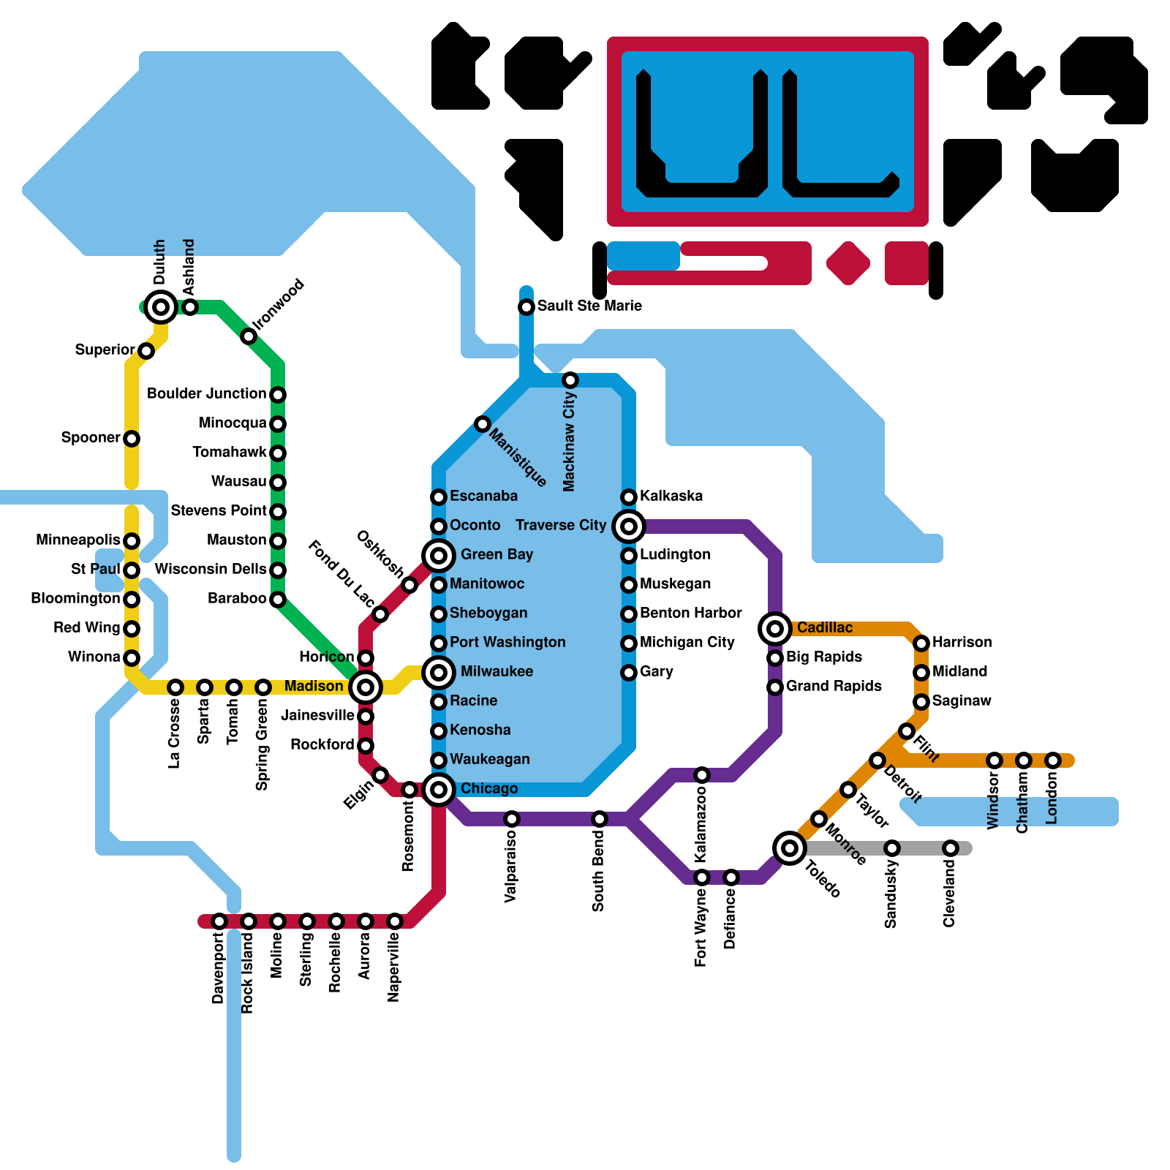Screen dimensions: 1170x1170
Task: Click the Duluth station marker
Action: coord(161,307)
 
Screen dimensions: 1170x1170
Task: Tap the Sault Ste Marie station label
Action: coord(589,306)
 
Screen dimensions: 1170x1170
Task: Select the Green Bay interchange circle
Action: coord(439,556)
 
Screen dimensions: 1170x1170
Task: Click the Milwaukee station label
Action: coord(497,672)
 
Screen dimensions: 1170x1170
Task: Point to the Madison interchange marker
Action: coord(366,687)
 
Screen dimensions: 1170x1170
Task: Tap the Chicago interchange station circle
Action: coord(439,790)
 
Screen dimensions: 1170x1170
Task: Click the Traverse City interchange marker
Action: coord(629,526)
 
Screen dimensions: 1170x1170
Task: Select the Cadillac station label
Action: coord(825,628)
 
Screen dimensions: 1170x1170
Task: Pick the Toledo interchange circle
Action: coord(790,848)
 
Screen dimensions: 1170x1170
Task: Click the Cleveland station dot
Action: coord(950,848)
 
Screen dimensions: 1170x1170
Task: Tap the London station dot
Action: coord(1052,760)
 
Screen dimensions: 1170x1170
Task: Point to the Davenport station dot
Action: coord(219,921)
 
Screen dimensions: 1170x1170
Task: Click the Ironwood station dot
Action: coord(249,336)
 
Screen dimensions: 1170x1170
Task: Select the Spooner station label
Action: coord(91,438)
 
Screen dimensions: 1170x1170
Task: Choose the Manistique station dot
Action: coord(483,424)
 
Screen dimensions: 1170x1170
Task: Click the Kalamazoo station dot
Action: coord(702,775)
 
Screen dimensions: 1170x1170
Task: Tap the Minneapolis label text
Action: coord(78,540)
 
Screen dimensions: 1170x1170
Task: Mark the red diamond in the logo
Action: coord(848,263)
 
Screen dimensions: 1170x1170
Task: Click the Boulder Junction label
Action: coord(207,394)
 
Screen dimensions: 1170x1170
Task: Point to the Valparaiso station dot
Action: coord(512,819)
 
